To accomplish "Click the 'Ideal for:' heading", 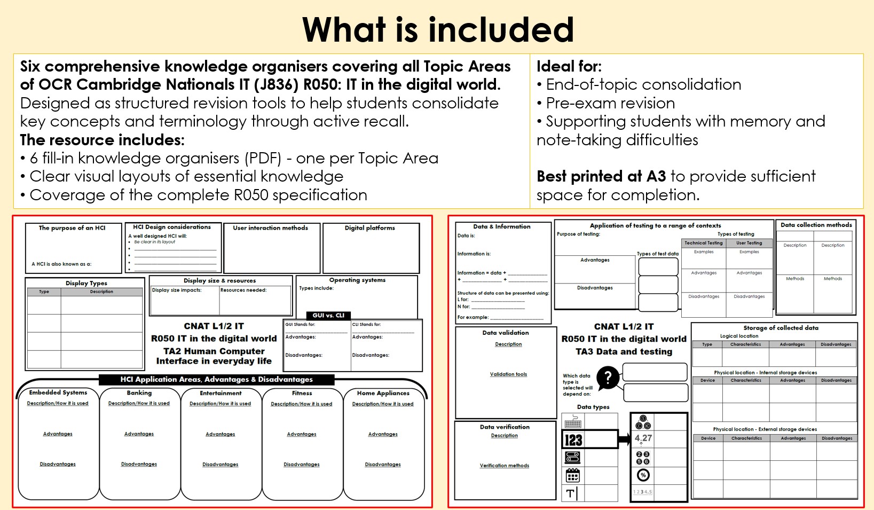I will click(569, 66).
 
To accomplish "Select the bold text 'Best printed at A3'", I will click(601, 176).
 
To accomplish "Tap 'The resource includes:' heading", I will click(102, 140).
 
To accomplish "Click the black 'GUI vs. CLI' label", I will click(328, 315).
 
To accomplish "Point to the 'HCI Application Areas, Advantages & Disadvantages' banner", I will click(216, 379).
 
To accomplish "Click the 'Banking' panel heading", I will click(139, 393).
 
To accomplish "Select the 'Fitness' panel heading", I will click(302, 393).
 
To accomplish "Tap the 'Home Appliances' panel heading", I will click(383, 393).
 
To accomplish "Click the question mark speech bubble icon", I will click(608, 378).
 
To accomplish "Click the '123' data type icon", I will click(573, 440).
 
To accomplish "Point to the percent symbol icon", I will click(643, 475).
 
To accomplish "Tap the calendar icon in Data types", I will click(572, 475).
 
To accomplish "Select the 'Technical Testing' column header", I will click(704, 243).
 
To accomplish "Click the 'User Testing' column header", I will click(749, 243).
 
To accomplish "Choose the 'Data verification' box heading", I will click(505, 427).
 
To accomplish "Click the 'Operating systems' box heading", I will click(357, 280).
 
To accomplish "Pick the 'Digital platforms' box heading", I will click(369, 227).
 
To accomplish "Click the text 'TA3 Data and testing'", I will click(624, 351).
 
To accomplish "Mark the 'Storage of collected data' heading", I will click(781, 327).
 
